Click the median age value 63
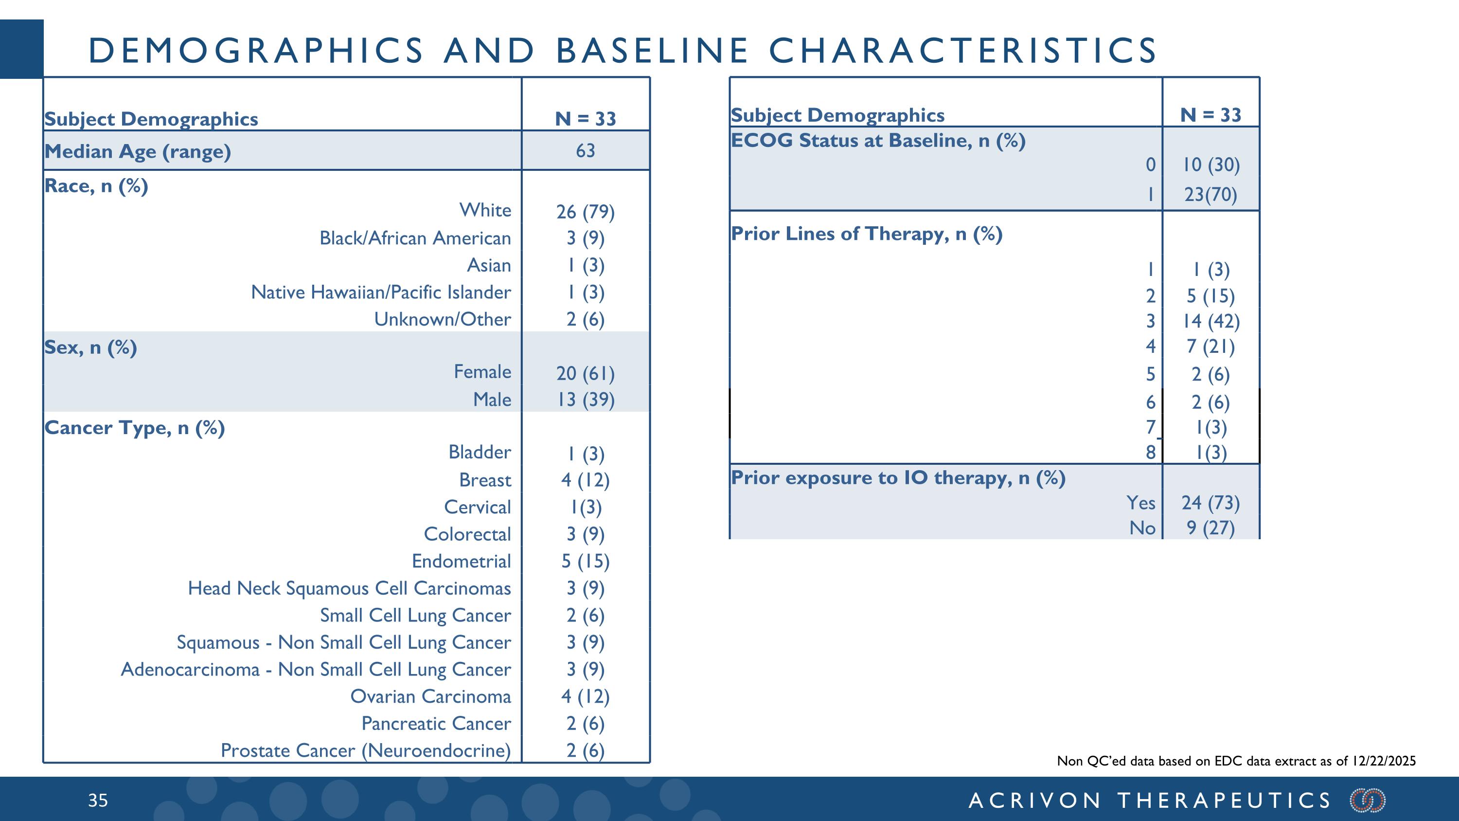pyautogui.click(x=585, y=151)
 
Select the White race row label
pyautogui.click(x=485, y=210)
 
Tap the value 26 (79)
pyautogui.click(x=585, y=212)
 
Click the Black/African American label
pyautogui.click(x=415, y=238)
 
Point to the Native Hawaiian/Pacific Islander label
pyautogui.click(x=381, y=292)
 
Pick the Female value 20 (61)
pyautogui.click(x=585, y=373)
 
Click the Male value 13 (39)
pyautogui.click(x=585, y=400)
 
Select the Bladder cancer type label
pyautogui.click(x=480, y=452)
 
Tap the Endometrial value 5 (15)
pyautogui.click(x=585, y=561)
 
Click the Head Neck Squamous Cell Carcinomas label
pyautogui.click(x=350, y=588)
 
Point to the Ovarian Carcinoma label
pyautogui.click(x=430, y=696)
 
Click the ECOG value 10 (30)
pyautogui.click(x=1211, y=165)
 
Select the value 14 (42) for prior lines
pyautogui.click(x=1211, y=321)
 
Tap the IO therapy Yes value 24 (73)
pyautogui.click(x=1211, y=503)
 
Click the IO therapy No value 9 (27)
pyautogui.click(x=1211, y=528)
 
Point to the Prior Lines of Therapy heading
pyautogui.click(x=867, y=234)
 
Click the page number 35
pyautogui.click(x=98, y=800)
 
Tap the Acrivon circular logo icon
pyautogui.click(x=1368, y=800)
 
